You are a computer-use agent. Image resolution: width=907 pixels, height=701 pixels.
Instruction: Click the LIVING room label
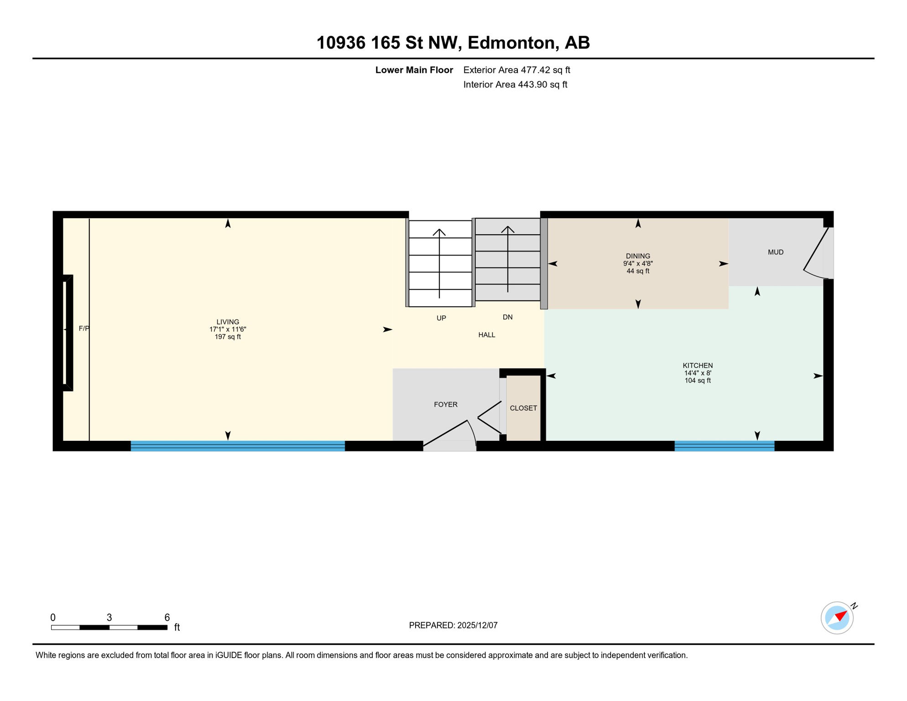click(228, 322)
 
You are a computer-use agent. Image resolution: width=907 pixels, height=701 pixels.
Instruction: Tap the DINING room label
click(638, 256)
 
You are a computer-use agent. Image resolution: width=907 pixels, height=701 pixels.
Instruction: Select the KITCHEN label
click(698, 366)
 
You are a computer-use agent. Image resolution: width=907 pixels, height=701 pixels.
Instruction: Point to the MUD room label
click(776, 252)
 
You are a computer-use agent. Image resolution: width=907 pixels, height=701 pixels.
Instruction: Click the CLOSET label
click(523, 408)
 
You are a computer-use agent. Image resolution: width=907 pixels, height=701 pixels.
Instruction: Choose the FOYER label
click(446, 404)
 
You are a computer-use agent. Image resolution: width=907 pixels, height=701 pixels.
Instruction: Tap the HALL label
click(487, 335)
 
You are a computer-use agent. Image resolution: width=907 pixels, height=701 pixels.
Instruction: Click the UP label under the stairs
click(441, 318)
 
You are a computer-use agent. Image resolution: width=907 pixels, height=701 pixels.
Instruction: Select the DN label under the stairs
click(508, 317)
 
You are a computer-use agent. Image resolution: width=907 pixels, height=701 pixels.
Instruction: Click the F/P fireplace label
click(84, 329)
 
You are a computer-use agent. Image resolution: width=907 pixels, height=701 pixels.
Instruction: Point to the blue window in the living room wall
click(238, 446)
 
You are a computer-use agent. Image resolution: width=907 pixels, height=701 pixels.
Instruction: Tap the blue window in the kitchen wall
click(725, 446)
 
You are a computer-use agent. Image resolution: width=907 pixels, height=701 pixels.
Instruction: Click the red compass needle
click(841, 616)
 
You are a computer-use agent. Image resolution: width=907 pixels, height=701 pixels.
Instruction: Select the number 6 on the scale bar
click(167, 617)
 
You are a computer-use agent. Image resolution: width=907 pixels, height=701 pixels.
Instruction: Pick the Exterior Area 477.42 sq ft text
click(516, 70)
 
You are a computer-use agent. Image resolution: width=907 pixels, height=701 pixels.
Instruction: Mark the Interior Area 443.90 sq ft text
click(515, 84)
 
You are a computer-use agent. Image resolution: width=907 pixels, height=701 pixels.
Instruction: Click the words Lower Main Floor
click(414, 70)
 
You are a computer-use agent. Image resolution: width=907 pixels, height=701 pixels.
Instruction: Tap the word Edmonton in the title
click(511, 42)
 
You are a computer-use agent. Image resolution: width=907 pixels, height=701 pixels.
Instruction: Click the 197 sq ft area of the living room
click(228, 337)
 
